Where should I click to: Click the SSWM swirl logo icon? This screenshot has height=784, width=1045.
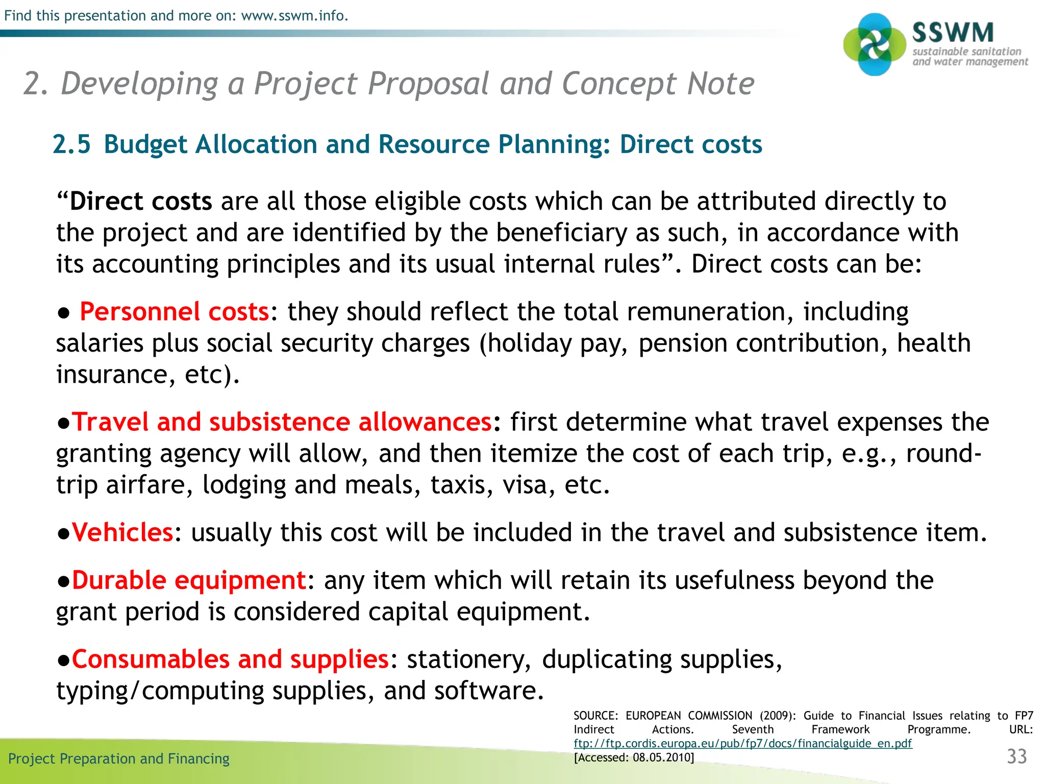click(875, 45)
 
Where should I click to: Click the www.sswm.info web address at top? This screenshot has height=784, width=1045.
click(294, 16)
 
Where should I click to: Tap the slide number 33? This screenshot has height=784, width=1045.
click(1016, 756)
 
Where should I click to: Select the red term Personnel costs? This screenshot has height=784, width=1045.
click(175, 311)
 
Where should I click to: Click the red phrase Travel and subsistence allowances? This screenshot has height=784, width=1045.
click(282, 422)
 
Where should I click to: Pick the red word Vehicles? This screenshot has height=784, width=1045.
click(122, 532)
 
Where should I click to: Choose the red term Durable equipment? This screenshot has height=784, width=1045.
click(188, 580)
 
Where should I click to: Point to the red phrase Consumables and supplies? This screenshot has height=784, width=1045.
click(230, 659)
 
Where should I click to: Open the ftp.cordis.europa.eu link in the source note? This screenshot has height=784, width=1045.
click(742, 743)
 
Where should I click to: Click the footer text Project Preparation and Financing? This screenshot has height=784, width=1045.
click(119, 758)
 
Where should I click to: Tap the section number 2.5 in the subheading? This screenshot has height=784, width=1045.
click(72, 144)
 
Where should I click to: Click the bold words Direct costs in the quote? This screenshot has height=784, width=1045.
click(141, 201)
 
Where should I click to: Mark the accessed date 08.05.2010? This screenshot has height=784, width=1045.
click(662, 757)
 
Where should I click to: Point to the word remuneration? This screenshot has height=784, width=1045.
click(706, 311)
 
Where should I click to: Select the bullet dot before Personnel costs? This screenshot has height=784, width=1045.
click(64, 313)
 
